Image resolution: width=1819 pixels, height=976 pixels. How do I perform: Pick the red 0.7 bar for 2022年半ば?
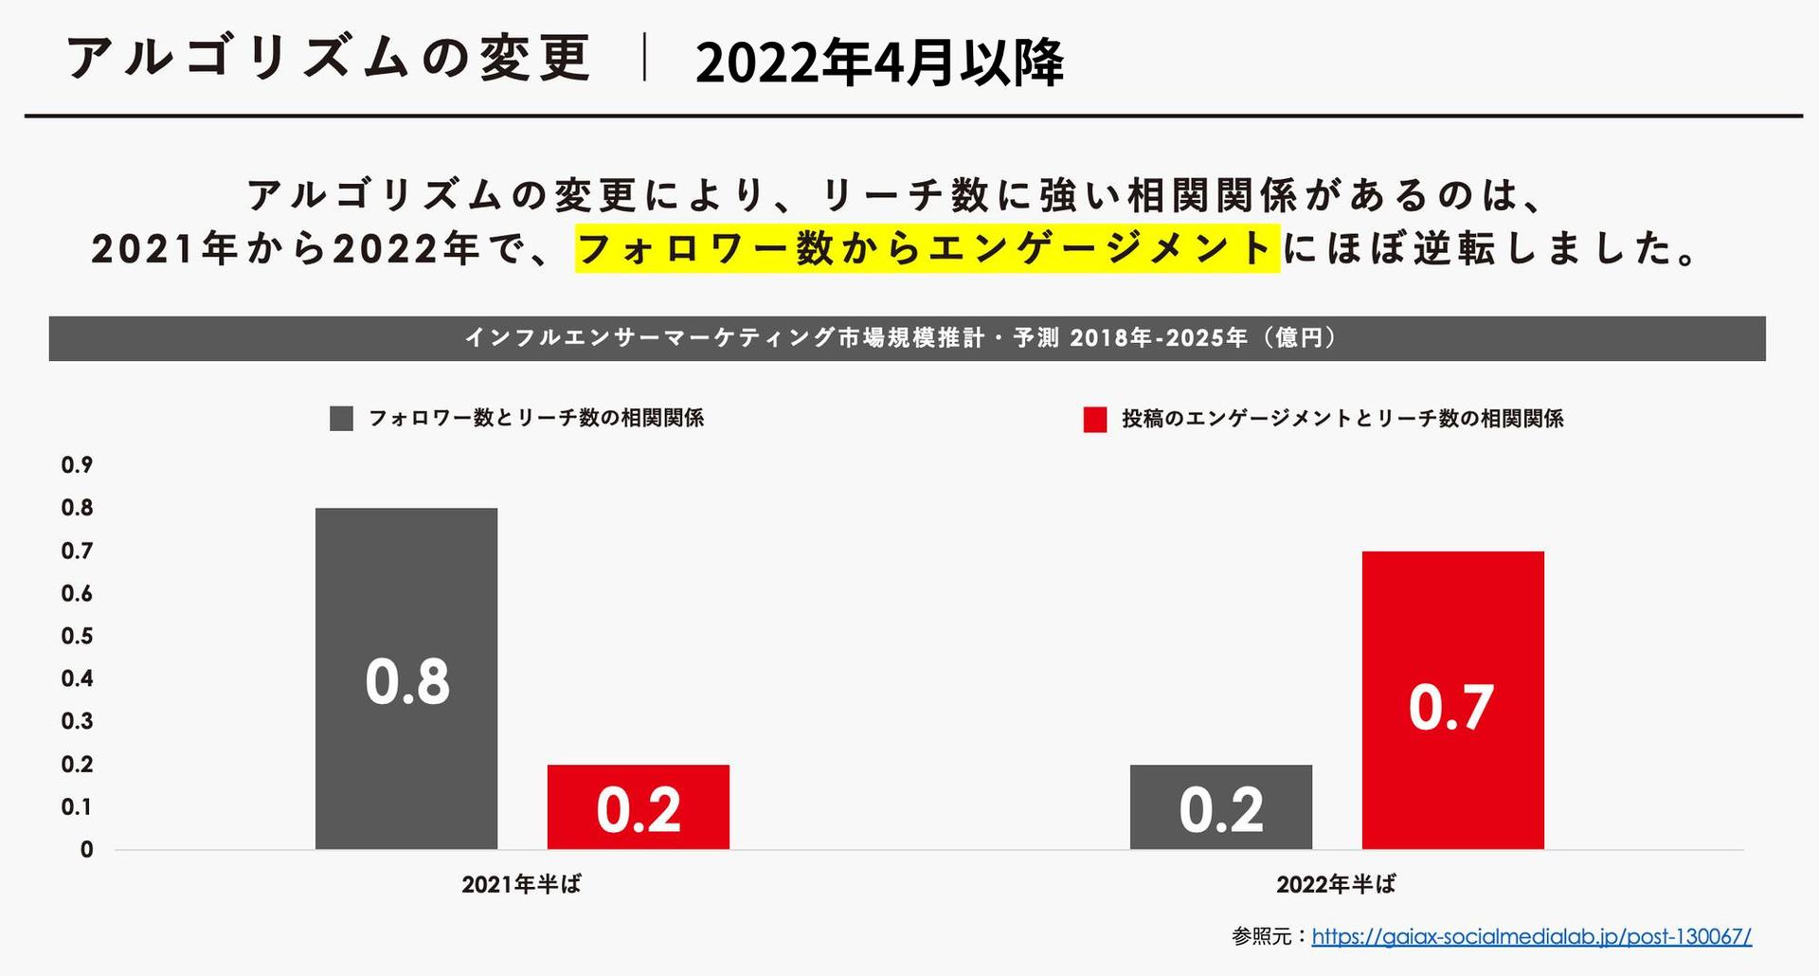coord(1452,616)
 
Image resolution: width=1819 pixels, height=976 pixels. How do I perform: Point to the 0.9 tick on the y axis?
coord(78,464)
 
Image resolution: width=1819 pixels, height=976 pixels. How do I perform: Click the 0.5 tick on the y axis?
coord(78,636)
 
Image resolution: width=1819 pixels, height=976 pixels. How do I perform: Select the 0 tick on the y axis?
coord(87,850)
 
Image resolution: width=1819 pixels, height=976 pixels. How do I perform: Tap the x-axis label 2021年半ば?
coord(521,884)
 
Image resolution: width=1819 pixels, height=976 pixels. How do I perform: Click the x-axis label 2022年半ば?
coord(1336,884)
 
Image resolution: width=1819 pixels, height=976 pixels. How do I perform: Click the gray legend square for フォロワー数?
coord(341,419)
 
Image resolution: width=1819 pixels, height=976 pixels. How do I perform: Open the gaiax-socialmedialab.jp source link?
coord(1531,937)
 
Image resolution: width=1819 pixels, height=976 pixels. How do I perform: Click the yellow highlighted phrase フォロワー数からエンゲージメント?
coord(927,248)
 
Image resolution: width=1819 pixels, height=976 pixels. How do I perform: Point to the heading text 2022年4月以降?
coord(879,63)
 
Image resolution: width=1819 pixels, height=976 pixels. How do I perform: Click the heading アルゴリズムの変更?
coord(330,59)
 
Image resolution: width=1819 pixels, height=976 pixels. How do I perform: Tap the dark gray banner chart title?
coord(907,338)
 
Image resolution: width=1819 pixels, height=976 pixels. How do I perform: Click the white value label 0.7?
coord(1450,708)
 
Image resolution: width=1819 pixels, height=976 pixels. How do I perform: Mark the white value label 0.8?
coord(407,681)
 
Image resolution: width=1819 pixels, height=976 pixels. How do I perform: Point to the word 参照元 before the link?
coord(1262,937)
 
